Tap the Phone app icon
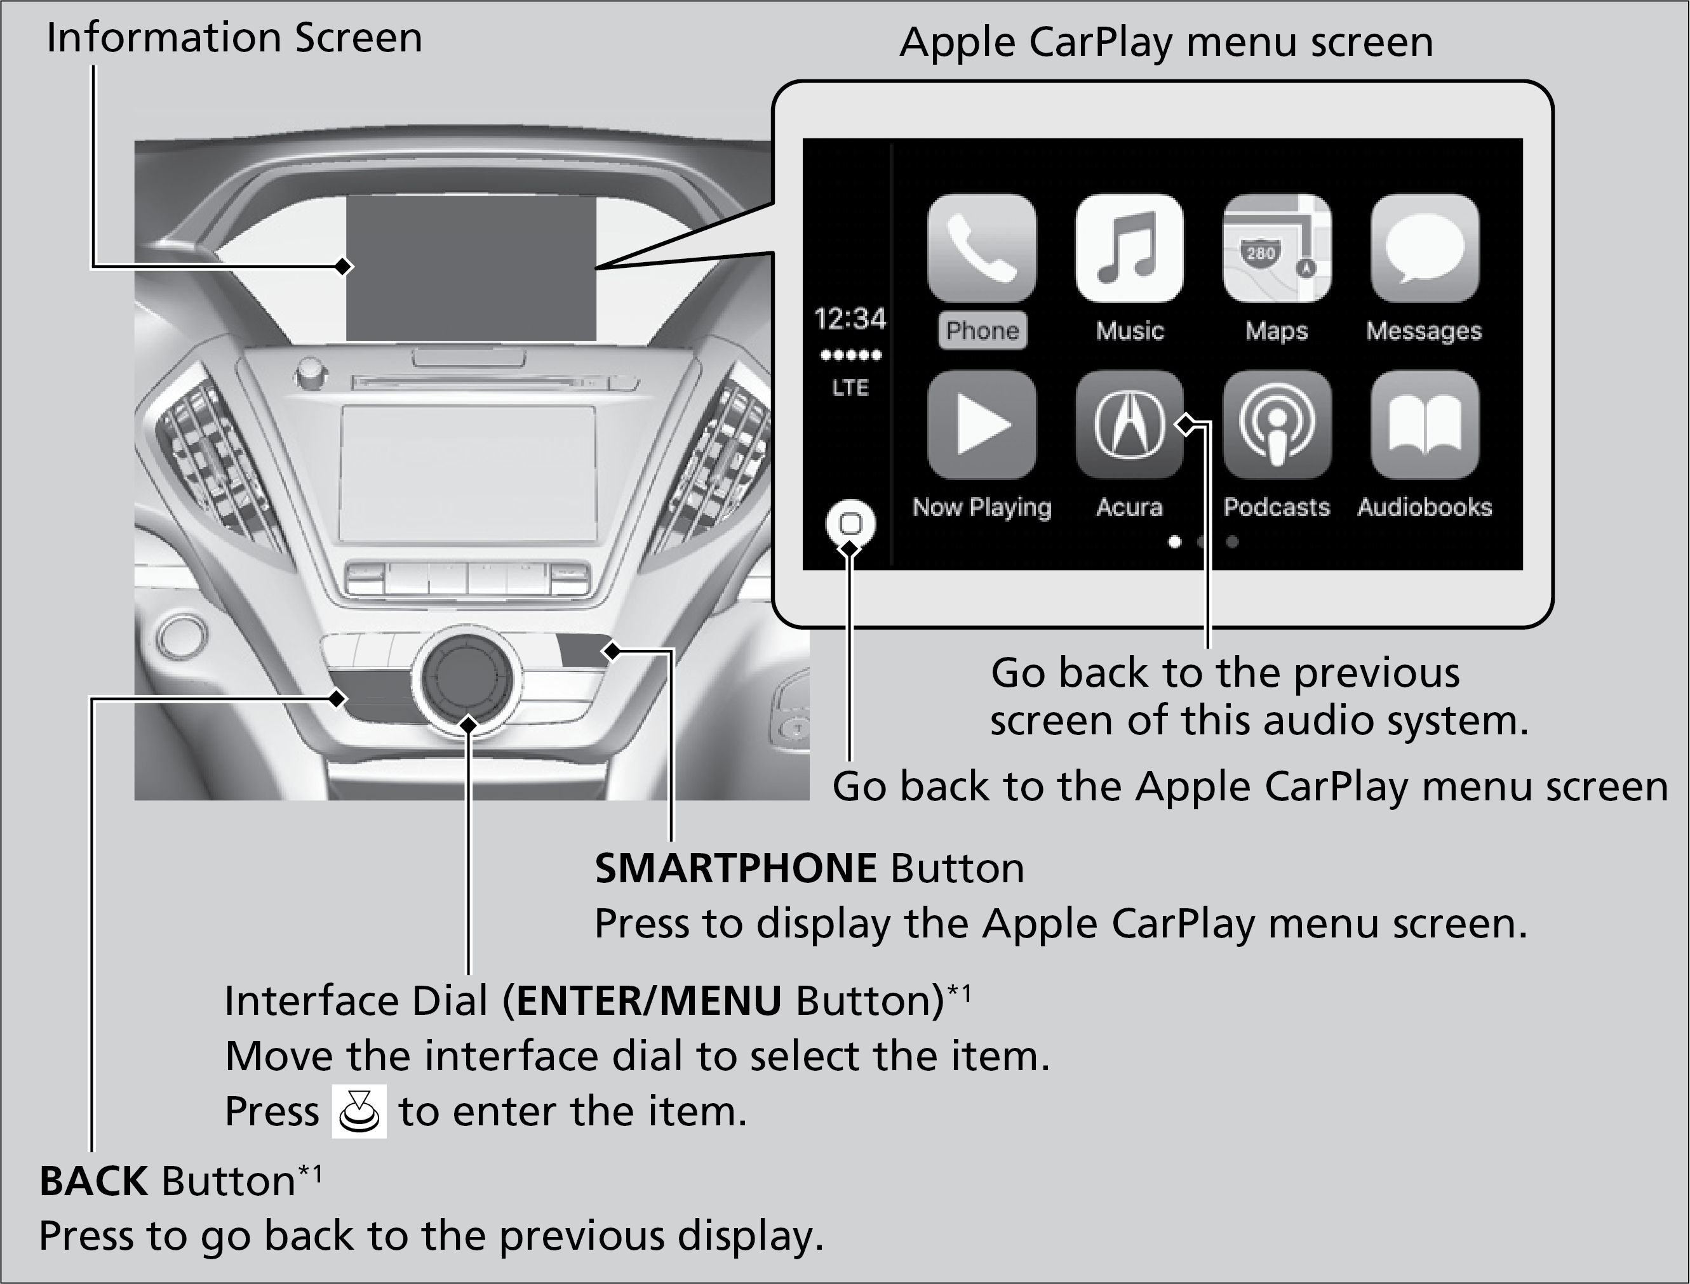[x=982, y=248]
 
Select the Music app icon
[x=1129, y=248]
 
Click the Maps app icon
[x=1277, y=248]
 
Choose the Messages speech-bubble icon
[x=1425, y=248]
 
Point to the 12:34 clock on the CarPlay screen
[x=850, y=319]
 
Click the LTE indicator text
[x=850, y=388]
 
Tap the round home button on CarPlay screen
[x=850, y=524]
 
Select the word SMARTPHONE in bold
[x=735, y=868]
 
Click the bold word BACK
[x=93, y=1181]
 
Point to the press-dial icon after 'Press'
[x=359, y=1111]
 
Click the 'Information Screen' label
[x=234, y=37]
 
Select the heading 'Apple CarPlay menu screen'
[x=1166, y=42]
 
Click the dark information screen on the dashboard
[x=471, y=267]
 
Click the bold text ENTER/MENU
[x=649, y=1001]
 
